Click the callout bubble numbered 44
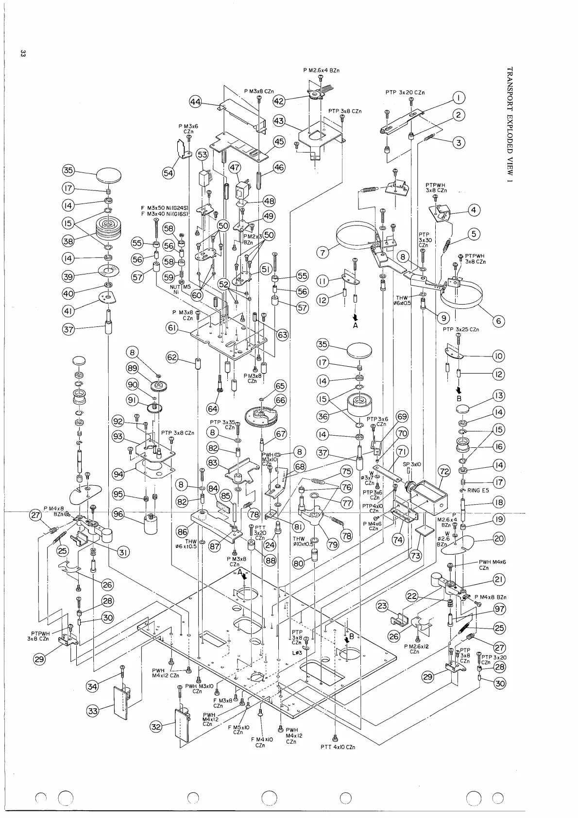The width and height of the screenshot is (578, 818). [x=196, y=102]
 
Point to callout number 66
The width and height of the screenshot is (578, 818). [x=281, y=400]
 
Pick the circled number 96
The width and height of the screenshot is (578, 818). [x=118, y=515]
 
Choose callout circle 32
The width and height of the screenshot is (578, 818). [x=156, y=727]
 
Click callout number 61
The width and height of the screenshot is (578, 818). [x=171, y=329]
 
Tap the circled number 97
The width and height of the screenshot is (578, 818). [x=499, y=609]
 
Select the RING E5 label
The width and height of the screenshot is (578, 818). [x=478, y=491]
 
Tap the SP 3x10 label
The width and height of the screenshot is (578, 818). [x=412, y=464]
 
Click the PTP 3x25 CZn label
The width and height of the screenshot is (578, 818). [x=460, y=330]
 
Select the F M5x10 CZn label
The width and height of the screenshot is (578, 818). [x=238, y=730]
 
